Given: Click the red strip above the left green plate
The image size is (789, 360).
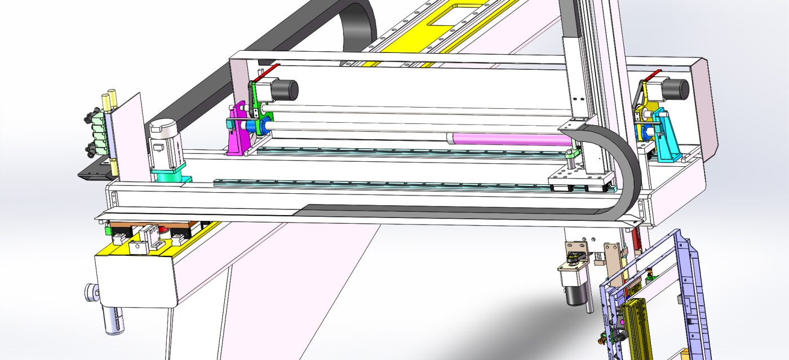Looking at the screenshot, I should (x=269, y=70).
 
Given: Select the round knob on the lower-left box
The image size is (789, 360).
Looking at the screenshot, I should (x=90, y=292).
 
